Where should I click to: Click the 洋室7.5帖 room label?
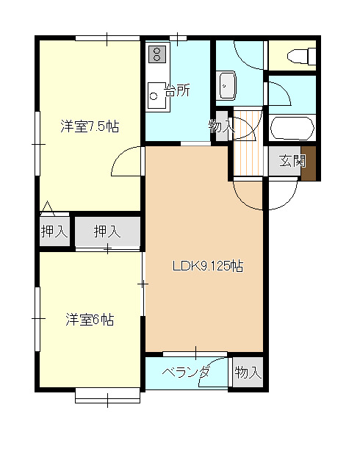pyautogui.click(x=90, y=126)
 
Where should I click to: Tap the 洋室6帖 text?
pyautogui.click(x=90, y=320)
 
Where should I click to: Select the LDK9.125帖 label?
pyautogui.click(x=207, y=267)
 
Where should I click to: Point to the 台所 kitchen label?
pyautogui.click(x=177, y=91)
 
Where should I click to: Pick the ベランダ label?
pyautogui.click(x=186, y=373)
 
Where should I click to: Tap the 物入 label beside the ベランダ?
pyautogui.click(x=248, y=373)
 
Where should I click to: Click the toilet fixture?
pyautogui.click(x=301, y=56)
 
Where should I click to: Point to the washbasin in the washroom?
pyautogui.click(x=227, y=85)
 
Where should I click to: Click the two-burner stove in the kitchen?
pyautogui.click(x=156, y=53)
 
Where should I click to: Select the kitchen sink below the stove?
pyautogui.click(x=156, y=93)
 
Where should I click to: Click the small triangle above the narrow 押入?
pyautogui.click(x=47, y=206)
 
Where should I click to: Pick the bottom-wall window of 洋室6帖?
pyautogui.click(x=107, y=398)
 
